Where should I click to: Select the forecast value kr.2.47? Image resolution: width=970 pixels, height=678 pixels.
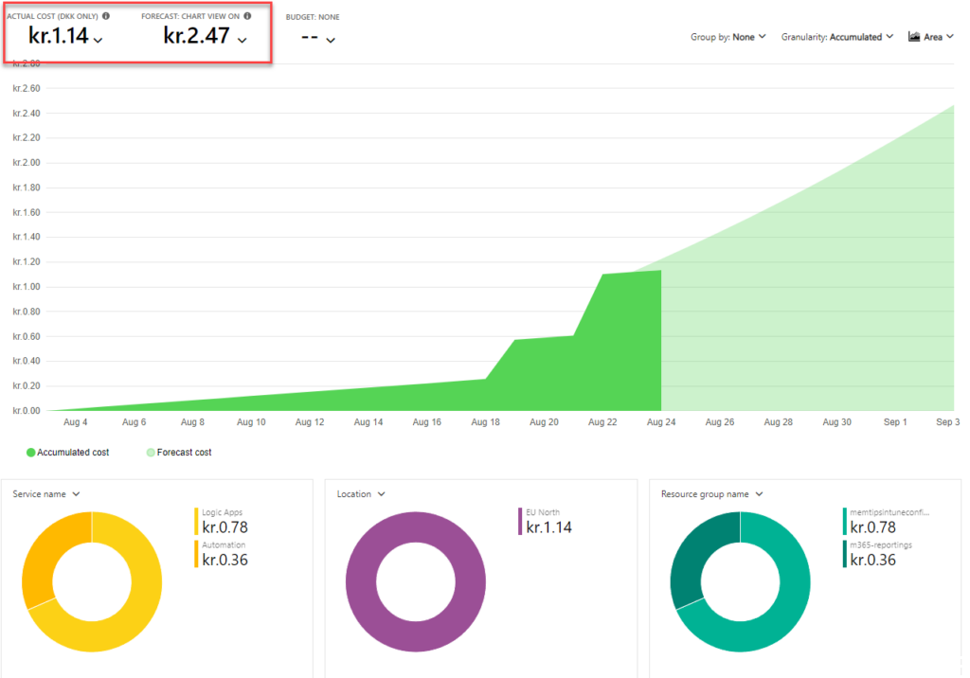coord(197,38)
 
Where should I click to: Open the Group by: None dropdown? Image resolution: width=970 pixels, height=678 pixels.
coord(728,37)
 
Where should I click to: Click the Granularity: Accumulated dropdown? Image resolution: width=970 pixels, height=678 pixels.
coord(837,37)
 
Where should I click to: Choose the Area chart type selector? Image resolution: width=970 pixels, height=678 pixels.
coord(930,37)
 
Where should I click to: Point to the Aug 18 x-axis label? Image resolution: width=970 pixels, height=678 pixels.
coord(485,422)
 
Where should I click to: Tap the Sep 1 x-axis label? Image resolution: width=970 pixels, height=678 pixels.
coord(895,422)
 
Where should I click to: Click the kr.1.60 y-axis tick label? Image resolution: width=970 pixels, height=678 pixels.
coord(27,212)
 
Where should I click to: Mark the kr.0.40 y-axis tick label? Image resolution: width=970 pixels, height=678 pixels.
coord(27,361)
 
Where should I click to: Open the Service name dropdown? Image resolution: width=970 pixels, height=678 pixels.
coord(45,493)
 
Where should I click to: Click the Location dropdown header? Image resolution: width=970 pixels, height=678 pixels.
coord(361,493)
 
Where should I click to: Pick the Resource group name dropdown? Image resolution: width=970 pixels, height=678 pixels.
coord(711,493)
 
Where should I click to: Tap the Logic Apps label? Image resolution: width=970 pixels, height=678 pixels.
coord(224,511)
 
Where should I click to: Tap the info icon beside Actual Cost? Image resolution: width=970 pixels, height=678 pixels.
coord(106,16)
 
